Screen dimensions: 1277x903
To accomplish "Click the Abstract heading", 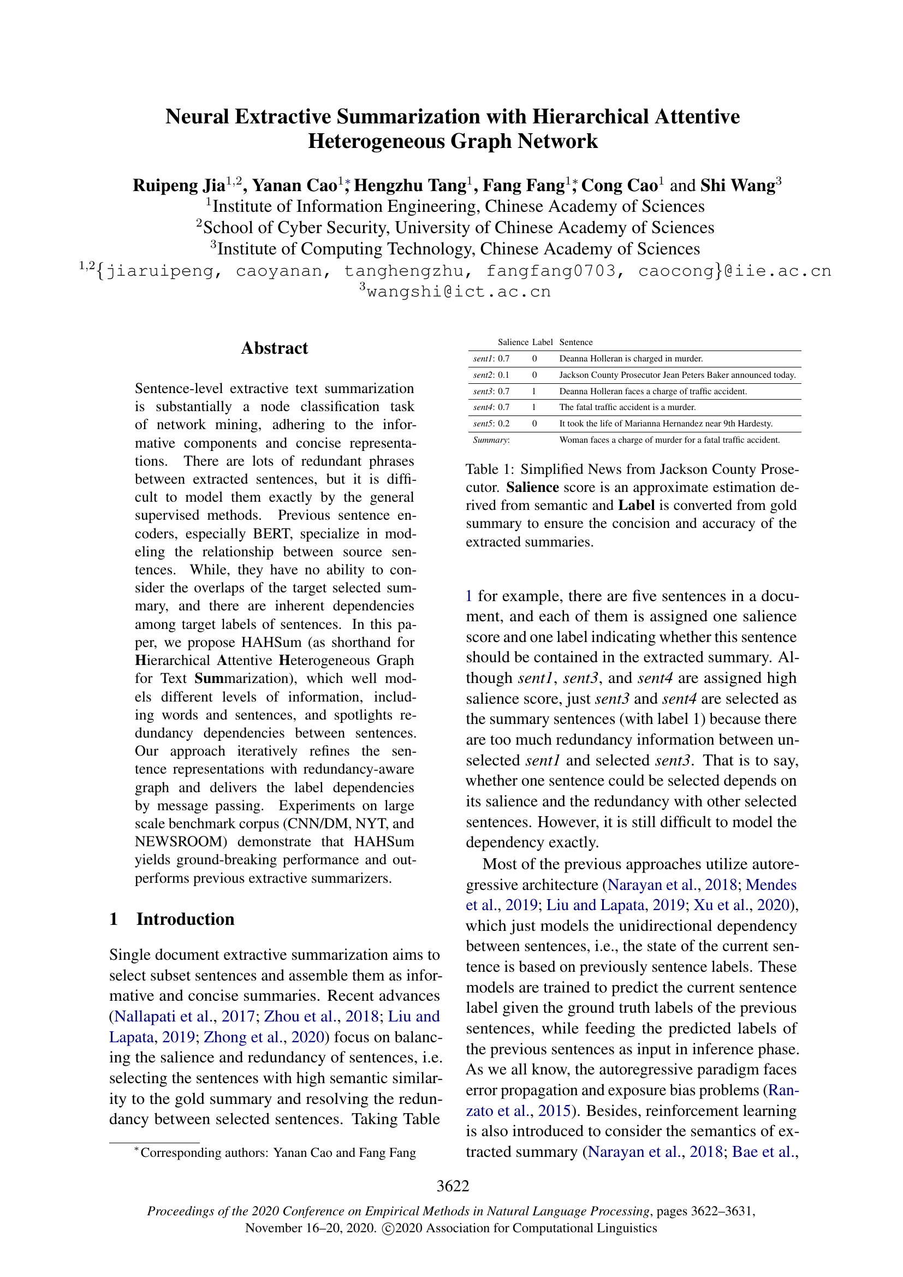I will coord(274,348).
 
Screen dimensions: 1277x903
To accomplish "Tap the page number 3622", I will coord(453,1186).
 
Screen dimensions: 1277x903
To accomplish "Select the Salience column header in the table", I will coord(513,342).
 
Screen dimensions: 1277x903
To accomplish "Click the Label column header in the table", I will coord(542,342).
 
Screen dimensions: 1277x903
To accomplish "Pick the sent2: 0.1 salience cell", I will coord(491,375).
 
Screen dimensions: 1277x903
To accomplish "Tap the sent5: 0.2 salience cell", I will coord(491,423).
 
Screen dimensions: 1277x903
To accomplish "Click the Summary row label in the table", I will coord(491,440).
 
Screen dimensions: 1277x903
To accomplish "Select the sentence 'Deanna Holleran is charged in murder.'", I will coord(631,359).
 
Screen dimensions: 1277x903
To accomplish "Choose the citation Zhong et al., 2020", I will coord(264,1037).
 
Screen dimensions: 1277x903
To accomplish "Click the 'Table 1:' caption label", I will coord(490,470).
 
